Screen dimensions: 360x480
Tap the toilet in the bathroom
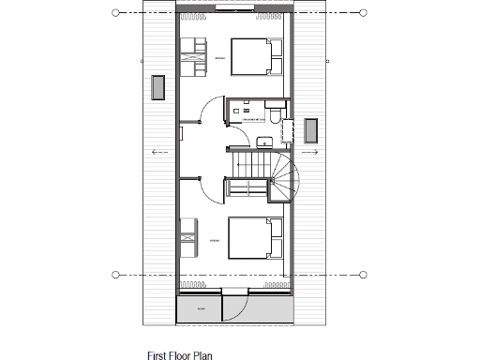click(x=273, y=117)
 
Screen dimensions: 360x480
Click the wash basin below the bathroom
click(x=265, y=142)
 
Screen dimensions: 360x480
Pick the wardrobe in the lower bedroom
click(x=188, y=237)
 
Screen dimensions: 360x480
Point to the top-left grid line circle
click(x=116, y=12)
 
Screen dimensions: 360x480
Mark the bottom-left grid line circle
click(x=116, y=275)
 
